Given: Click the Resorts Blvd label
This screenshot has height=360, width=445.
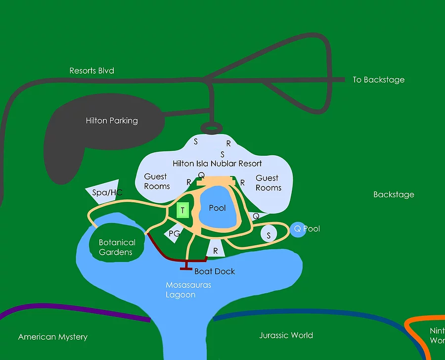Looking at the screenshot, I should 92,71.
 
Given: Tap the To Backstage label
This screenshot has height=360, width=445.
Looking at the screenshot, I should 378,80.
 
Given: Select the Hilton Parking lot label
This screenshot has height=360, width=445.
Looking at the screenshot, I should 112,121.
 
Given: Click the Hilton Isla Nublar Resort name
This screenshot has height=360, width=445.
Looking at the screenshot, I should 217,163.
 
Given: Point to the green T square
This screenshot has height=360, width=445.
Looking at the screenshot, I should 183,211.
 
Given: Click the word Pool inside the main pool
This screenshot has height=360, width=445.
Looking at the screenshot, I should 217,208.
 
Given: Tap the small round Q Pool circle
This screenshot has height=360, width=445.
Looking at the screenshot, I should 297,229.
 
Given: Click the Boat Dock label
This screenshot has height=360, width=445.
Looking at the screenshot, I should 215,271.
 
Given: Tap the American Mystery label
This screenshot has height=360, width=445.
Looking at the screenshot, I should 53,337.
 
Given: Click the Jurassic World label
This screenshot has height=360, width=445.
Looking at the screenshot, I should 286,335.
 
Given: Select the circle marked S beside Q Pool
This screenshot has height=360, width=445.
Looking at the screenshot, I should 268,235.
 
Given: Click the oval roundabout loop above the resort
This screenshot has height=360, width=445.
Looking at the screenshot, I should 211,129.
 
